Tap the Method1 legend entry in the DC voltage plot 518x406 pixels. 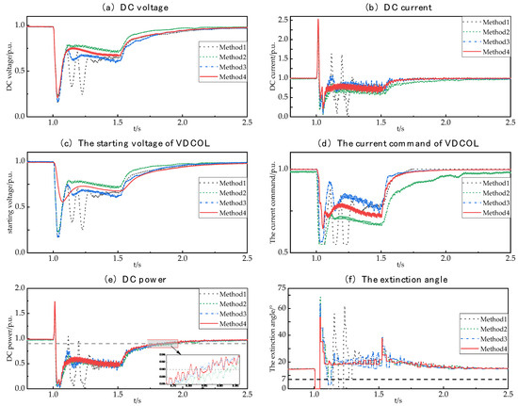[223, 43]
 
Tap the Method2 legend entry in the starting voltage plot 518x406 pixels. [223, 188]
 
